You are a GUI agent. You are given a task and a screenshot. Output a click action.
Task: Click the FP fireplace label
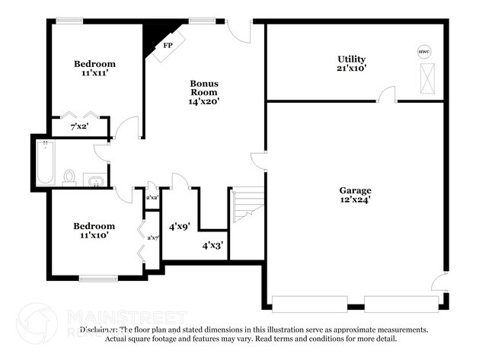click(167, 45)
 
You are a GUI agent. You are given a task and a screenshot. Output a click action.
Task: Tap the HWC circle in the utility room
click(423, 52)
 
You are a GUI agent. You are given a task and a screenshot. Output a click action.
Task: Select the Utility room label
click(352, 59)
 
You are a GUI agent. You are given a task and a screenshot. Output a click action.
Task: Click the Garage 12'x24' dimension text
click(355, 201)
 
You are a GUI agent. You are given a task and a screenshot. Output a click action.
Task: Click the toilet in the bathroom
click(69, 178)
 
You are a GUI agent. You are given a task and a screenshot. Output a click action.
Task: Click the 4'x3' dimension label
click(212, 246)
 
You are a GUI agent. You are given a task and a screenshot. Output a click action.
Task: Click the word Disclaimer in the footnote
click(98, 330)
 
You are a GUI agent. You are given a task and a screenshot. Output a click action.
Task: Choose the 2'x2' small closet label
click(152, 197)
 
